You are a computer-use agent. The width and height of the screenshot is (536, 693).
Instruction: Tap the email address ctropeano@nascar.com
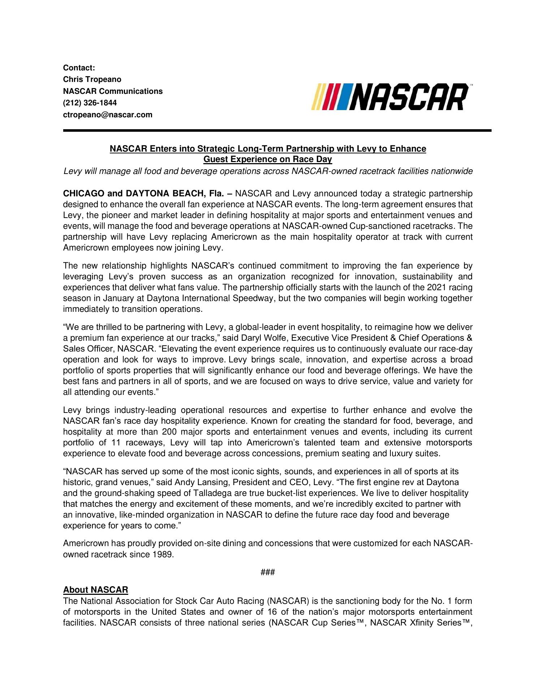pos(108,115)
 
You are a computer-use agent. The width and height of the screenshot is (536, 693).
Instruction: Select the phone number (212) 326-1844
pos(90,103)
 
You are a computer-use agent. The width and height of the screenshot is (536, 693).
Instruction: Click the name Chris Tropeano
pos(92,79)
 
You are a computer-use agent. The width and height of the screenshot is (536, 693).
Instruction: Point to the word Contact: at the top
pos(79,68)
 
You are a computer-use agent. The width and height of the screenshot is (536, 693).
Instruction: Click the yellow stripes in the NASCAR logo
pos(318,97)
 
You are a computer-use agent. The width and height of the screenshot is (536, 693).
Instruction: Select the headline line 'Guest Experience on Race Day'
pos(268,159)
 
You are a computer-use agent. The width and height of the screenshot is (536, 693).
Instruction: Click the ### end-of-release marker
pos(268,572)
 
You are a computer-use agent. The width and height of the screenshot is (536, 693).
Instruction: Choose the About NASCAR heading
pos(96,590)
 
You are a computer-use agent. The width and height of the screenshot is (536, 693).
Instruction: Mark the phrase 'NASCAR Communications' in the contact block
pos(113,91)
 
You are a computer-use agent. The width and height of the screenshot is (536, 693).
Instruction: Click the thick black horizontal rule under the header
pos(277,130)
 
